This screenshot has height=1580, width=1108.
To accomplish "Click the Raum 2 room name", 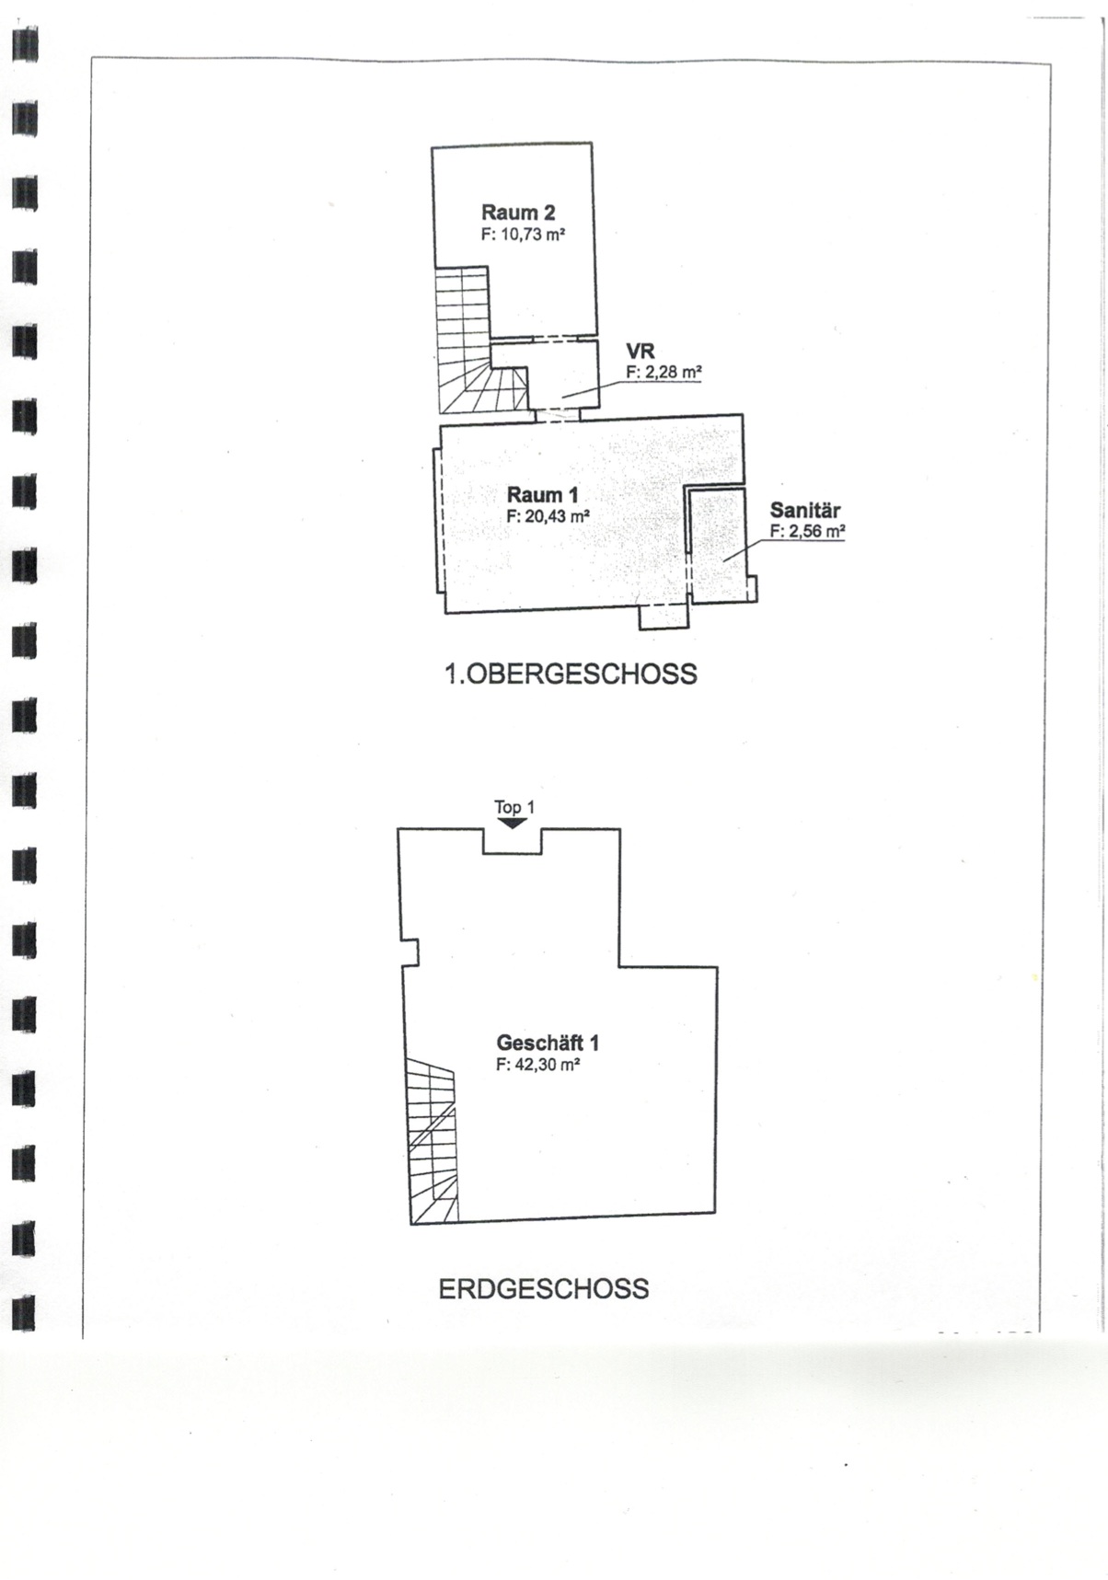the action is [x=518, y=213].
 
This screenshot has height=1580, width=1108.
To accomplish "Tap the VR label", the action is [x=640, y=352].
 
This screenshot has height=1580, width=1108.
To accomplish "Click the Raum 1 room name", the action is [x=543, y=496].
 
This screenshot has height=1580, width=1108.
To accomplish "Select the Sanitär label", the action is [x=805, y=510].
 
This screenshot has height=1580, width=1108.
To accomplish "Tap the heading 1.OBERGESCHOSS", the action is [x=571, y=675].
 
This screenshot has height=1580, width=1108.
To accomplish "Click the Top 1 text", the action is [x=514, y=807].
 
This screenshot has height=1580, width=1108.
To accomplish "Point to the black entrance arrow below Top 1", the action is [x=513, y=824].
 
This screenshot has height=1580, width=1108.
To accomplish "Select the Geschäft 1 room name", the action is [x=548, y=1044].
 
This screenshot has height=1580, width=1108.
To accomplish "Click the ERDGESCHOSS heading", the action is [x=543, y=1288].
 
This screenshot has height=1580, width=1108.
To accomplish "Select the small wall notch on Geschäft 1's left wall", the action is [x=410, y=951].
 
